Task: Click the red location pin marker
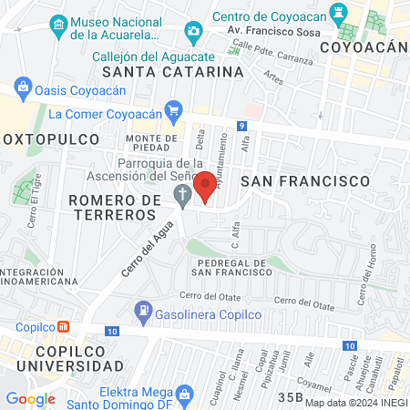coord(206,186)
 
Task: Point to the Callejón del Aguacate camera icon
coord(192,34)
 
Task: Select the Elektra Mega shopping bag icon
coord(185,395)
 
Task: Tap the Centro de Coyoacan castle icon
coord(338,14)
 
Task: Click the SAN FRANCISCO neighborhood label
coord(305,181)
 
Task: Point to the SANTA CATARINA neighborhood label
coord(173,71)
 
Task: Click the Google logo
coord(30,398)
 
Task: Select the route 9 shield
coord(241,126)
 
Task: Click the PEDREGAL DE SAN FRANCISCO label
coord(229,268)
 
